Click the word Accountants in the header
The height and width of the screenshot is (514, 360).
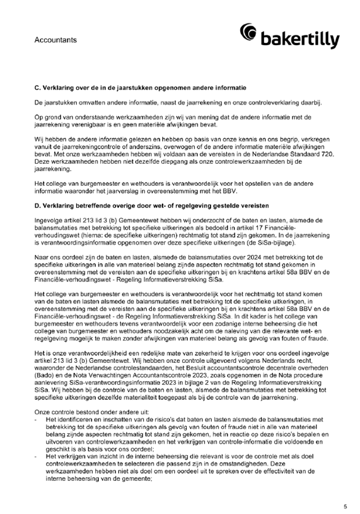tap(55, 40)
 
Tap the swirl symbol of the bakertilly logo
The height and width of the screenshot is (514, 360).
tap(250, 33)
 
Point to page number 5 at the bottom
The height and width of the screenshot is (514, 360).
tap(345, 506)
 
